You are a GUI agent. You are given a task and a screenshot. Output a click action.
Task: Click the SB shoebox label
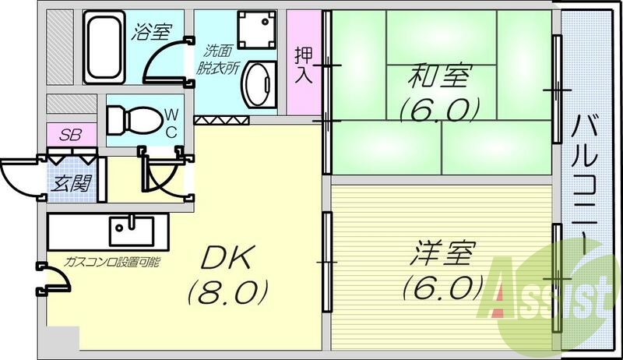70,132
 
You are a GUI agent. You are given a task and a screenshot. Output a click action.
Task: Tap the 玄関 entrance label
69,185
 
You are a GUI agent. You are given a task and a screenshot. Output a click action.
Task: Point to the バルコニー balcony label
586,184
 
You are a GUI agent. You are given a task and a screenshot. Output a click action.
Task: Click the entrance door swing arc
19,175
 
